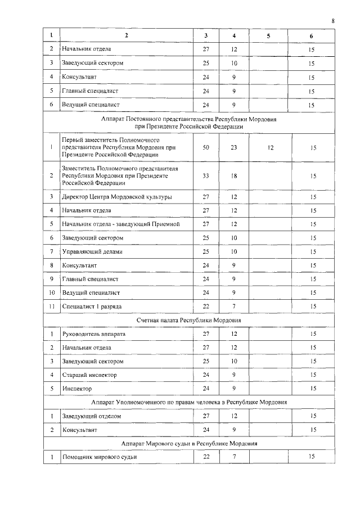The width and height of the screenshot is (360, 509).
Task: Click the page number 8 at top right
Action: click(x=333, y=21)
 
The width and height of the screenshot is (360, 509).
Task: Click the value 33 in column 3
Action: click(x=206, y=175)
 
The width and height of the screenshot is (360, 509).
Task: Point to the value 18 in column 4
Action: click(x=235, y=175)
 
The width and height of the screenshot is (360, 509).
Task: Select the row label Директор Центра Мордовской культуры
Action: click(x=117, y=197)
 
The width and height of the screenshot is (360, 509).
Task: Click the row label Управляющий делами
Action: click(x=92, y=251)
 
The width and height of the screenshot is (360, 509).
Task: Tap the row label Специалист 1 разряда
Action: click(x=92, y=306)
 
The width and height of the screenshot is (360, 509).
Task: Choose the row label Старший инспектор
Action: click(x=89, y=375)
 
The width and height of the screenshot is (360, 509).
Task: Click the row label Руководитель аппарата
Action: click(x=93, y=334)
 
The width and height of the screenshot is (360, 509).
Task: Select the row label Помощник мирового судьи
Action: click(x=99, y=457)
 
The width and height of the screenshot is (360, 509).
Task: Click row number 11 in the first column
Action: click(x=51, y=306)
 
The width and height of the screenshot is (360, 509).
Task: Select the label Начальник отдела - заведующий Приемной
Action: click(x=120, y=224)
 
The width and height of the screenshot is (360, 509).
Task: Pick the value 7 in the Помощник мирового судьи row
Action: click(x=235, y=457)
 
